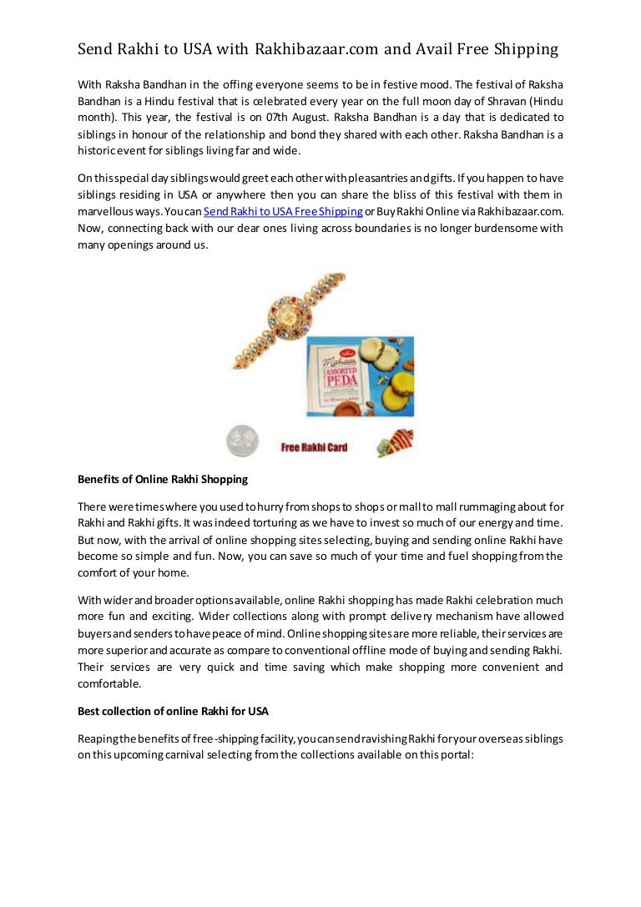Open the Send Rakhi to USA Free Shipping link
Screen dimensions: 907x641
[x=283, y=212]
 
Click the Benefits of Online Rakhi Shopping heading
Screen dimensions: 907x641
[x=163, y=480]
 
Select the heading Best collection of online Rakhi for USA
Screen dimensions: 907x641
[x=173, y=711]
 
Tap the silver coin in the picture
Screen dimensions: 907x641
[x=243, y=441]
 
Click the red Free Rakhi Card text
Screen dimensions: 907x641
[x=314, y=447]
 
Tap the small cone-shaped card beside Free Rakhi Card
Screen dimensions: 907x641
[x=395, y=443]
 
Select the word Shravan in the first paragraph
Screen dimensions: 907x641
[x=510, y=101]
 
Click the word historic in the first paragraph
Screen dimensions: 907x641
[x=97, y=150]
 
